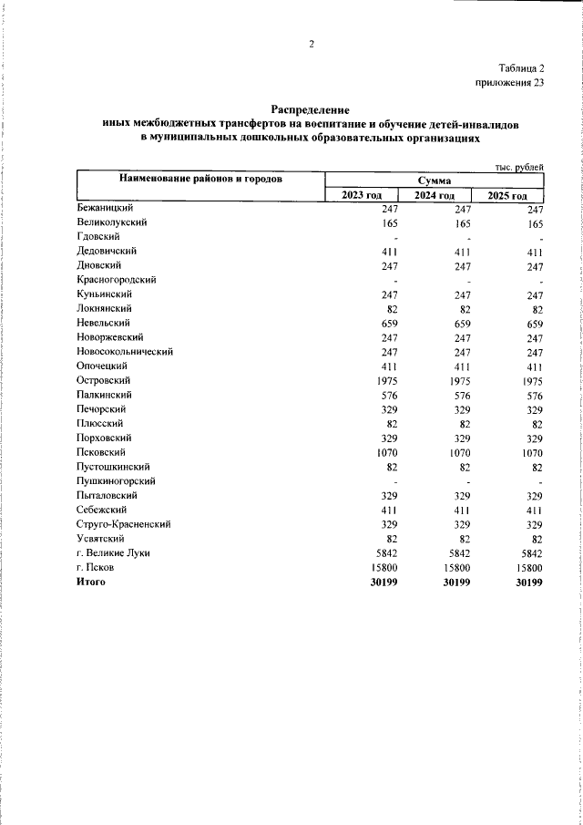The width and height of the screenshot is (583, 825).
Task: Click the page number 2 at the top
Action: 311,44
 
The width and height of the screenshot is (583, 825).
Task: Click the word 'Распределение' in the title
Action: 311,108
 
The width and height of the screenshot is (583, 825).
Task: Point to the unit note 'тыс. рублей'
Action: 519,167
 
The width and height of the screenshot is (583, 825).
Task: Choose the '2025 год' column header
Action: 506,195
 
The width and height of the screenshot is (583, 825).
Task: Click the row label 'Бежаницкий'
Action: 106,208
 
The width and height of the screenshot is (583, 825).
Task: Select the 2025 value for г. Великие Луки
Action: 528,552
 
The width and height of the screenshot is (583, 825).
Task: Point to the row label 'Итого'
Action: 91,582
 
